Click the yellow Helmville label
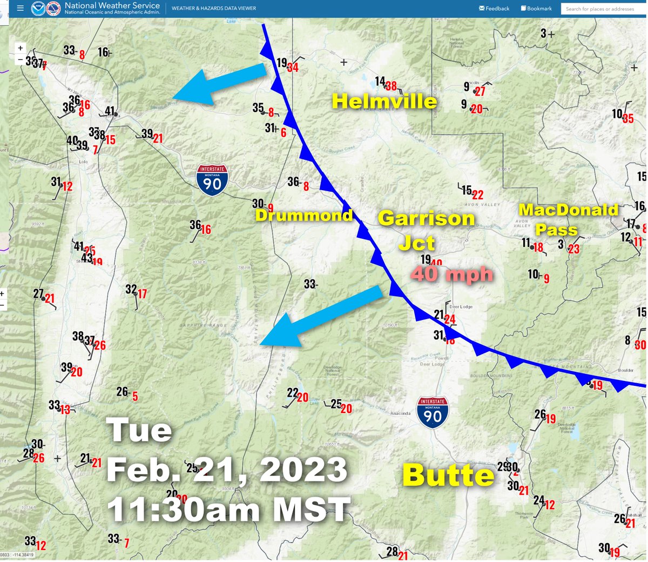[x=384, y=101]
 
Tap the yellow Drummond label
[x=304, y=216]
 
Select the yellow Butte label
[x=448, y=476]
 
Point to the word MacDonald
[x=568, y=210]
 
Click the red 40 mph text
[x=453, y=274]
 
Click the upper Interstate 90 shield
[x=212, y=180]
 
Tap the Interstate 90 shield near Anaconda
[x=433, y=412]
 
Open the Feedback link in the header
[x=494, y=9]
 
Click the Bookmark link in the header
[x=536, y=9]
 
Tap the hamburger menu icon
[x=20, y=9]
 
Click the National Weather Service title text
[x=112, y=5]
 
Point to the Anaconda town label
[x=400, y=413]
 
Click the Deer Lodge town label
[x=461, y=306]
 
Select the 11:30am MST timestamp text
[x=228, y=509]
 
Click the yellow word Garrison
[x=426, y=218]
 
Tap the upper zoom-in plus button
[x=21, y=48]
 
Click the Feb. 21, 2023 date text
[x=227, y=469]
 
